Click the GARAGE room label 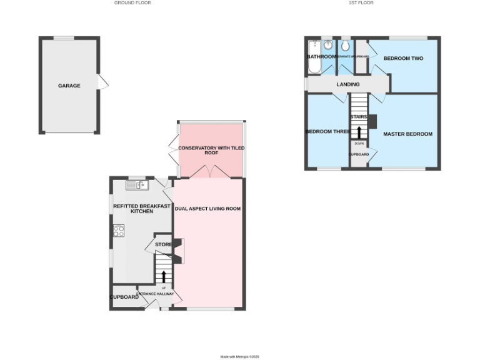69,86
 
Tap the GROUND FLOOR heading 132,2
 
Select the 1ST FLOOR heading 361,2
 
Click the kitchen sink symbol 136,185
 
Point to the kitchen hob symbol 119,230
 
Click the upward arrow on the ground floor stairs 164,276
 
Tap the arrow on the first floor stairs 359,132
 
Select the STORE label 163,244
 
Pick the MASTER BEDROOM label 408,134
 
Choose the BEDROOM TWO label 403,58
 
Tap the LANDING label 348,84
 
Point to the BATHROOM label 321,57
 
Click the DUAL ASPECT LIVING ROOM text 208,209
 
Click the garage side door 104,82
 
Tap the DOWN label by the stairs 359,143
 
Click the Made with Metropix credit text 239,356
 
